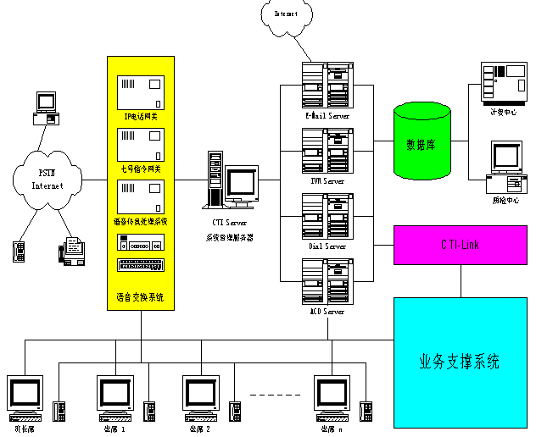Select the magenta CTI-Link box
tap(461, 245)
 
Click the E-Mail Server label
tap(327, 116)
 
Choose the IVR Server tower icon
tap(327, 152)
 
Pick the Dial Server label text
tap(327, 246)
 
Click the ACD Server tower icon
tap(327, 283)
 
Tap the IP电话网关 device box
tap(140, 91)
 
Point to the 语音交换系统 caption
tap(140, 297)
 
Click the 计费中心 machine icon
tap(498, 82)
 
